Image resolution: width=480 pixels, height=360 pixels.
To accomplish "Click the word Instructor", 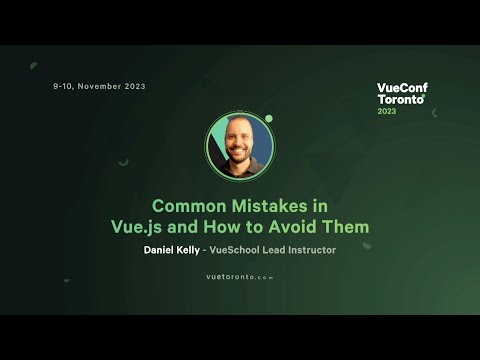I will pyautogui.click(x=308, y=250).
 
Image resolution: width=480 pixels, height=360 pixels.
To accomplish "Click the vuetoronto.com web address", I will pyautogui.click(x=239, y=276).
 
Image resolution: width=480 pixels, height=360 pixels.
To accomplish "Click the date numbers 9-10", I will pyautogui.click(x=62, y=86).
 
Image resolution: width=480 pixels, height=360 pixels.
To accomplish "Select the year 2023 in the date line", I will pyautogui.click(x=135, y=86).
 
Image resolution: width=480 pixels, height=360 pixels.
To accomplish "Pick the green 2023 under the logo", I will pyautogui.click(x=386, y=111).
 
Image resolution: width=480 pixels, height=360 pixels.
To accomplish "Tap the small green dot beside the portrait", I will pyautogui.click(x=269, y=118).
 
